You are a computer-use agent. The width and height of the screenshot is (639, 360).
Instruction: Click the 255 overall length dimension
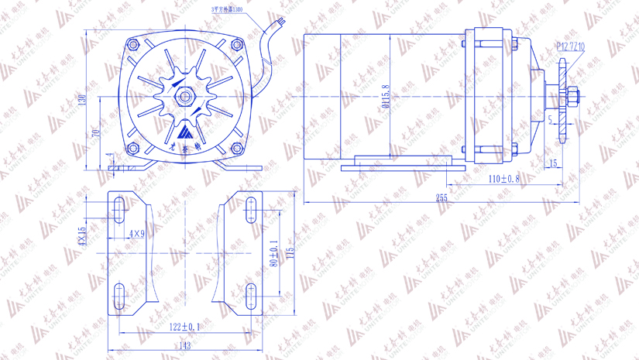(x=441, y=198)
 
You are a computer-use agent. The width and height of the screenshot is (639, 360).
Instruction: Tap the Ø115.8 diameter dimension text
(x=386, y=96)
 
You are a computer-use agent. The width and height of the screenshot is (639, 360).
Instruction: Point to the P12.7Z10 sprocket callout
(x=571, y=47)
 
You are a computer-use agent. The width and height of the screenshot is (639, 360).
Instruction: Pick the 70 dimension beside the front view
(x=97, y=132)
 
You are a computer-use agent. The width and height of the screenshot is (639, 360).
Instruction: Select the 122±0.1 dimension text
(x=184, y=327)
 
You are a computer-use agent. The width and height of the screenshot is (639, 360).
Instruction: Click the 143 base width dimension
(x=184, y=346)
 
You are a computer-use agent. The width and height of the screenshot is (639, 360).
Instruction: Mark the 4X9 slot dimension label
(x=137, y=233)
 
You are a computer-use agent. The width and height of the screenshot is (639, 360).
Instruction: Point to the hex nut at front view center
(x=186, y=96)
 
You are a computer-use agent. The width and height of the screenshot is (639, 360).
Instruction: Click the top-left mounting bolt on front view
(x=132, y=45)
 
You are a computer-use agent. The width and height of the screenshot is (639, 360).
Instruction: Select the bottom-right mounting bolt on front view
(x=239, y=148)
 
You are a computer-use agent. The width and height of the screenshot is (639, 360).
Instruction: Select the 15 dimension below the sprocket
(x=553, y=163)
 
